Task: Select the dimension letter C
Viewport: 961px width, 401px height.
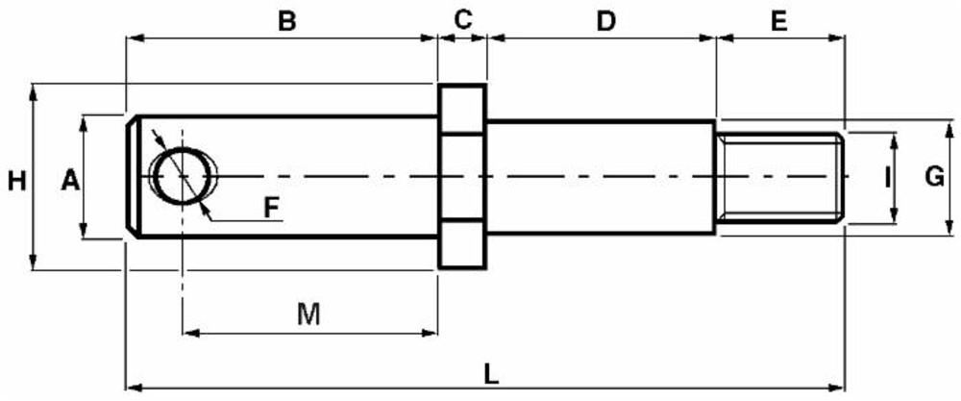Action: [463, 19]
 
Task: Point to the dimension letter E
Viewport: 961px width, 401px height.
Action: [778, 19]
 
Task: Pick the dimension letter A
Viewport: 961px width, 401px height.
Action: [68, 179]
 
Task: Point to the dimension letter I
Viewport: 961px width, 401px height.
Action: [886, 177]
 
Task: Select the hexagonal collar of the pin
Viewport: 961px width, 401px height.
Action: [462, 176]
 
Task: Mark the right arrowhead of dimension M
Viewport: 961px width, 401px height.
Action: [432, 333]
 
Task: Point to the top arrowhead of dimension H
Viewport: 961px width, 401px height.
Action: [35, 89]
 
